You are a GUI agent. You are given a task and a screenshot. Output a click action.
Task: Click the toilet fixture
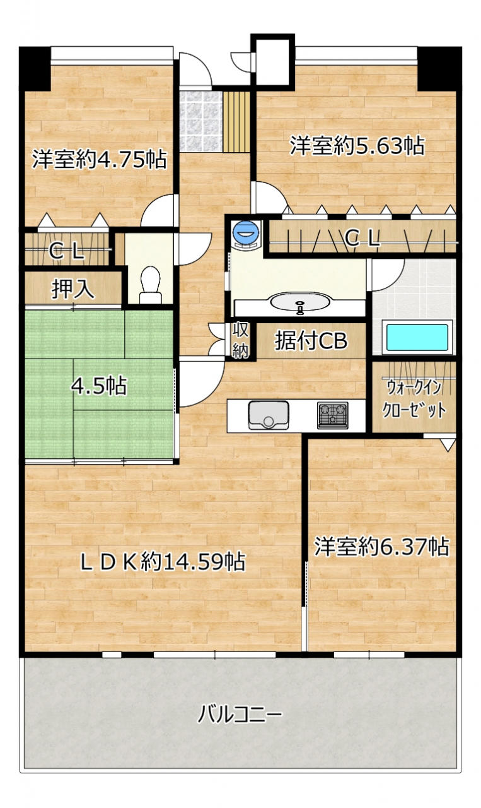click(x=150, y=285)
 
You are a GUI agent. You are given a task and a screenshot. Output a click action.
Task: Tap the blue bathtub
click(x=417, y=338)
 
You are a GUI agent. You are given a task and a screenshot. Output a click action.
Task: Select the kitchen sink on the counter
click(x=269, y=415)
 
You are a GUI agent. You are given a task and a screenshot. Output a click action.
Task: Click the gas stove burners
click(x=333, y=415)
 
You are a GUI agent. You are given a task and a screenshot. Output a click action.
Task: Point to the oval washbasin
click(x=300, y=302)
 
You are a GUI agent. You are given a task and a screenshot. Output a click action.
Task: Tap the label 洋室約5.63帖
click(x=357, y=146)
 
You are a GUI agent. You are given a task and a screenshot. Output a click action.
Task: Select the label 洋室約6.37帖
click(x=381, y=547)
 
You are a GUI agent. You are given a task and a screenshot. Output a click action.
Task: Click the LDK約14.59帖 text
click(x=163, y=562)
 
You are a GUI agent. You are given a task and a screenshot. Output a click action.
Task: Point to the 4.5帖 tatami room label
click(x=99, y=386)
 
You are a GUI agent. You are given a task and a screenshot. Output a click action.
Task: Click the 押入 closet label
click(x=73, y=288)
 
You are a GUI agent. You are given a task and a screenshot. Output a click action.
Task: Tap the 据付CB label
click(x=311, y=340)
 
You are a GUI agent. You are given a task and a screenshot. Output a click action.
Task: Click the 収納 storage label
click(x=241, y=340)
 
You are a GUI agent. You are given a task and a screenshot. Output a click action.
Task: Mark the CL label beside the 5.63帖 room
click(x=362, y=239)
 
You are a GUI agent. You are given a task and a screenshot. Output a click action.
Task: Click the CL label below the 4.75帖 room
click(x=67, y=251)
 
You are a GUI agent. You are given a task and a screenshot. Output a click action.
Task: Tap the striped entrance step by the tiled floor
click(x=236, y=122)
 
